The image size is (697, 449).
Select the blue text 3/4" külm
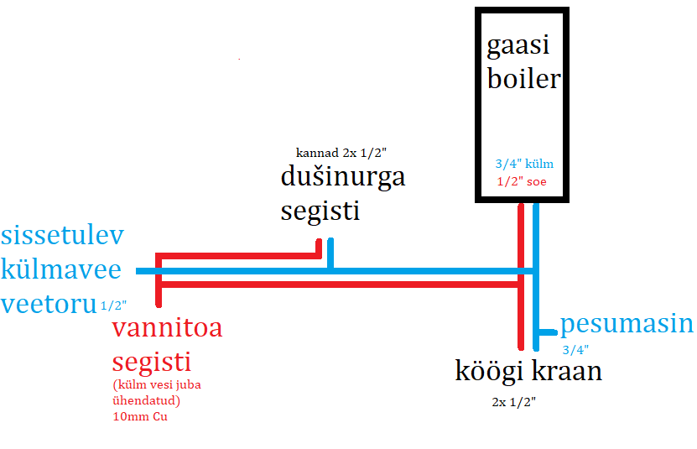(523, 164)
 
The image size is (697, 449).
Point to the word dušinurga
(342, 178)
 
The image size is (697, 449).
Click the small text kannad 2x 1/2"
(341, 153)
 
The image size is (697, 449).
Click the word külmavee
(61, 270)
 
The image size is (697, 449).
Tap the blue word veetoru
(49, 303)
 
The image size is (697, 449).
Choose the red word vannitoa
(167, 327)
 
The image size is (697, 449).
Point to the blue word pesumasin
(627, 324)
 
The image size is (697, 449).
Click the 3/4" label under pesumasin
(575, 349)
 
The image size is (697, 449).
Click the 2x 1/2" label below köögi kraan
(514, 402)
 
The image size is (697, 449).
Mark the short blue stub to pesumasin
(547, 332)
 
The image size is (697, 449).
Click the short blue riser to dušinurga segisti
(331, 254)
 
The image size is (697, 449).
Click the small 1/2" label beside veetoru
(113, 306)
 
